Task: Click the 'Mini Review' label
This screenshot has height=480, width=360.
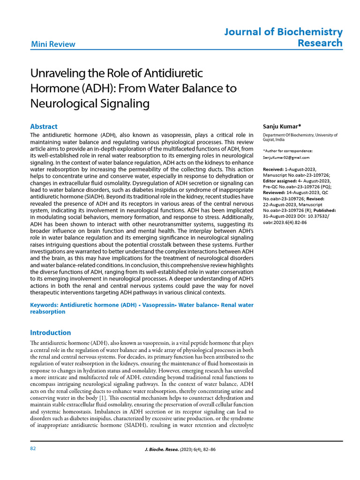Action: tap(53, 45)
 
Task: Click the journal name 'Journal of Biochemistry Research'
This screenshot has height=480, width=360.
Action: tap(283, 37)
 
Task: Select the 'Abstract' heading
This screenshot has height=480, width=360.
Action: tap(44, 127)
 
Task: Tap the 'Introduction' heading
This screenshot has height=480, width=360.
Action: tap(51, 333)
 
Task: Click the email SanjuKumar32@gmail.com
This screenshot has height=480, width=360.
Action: tap(286, 157)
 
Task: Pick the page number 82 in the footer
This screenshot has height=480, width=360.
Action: tap(33, 449)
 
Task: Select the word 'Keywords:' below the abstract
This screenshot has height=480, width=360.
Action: tap(45, 305)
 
